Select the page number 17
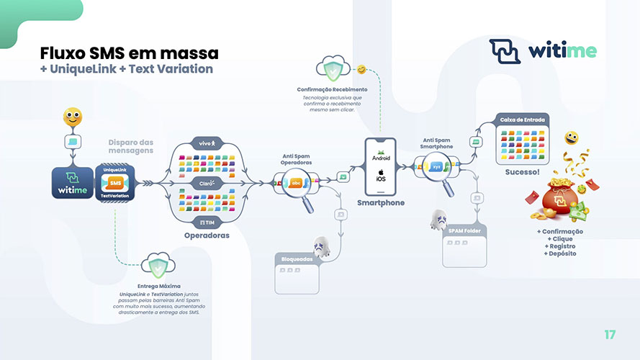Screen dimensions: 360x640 pos(610,334)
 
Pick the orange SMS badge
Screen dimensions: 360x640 pos(115,183)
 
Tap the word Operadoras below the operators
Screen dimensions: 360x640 pos(207,235)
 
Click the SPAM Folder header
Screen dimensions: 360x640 pos(464,231)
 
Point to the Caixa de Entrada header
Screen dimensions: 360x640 pos(522,120)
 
